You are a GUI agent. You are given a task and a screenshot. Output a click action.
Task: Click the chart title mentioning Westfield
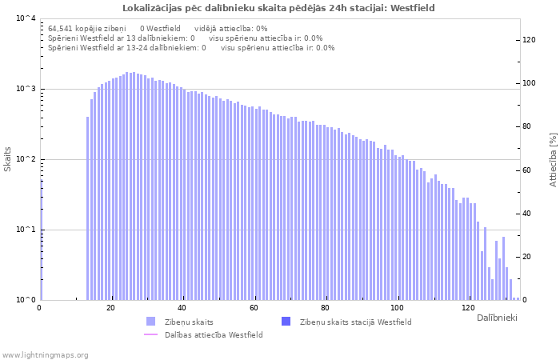[279, 8]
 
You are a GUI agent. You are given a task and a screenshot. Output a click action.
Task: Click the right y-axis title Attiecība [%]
[552, 159]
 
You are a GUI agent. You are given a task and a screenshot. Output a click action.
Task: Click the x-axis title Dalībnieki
[497, 318]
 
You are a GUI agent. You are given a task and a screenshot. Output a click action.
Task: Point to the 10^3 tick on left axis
[26, 89]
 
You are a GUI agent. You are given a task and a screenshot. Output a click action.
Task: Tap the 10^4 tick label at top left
[26, 18]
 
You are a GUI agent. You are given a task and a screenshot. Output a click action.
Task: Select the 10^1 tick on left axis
[26, 230]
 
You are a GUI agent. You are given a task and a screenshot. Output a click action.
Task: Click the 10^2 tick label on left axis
[26, 159]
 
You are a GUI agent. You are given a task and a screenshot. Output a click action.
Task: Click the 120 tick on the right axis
[529, 39]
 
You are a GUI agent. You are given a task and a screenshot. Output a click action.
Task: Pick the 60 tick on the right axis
[527, 170]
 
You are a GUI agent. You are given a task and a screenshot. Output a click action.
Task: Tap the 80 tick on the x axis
[325, 308]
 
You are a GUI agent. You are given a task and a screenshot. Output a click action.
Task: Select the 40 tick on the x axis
[182, 308]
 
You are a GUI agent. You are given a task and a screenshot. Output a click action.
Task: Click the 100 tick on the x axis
[397, 308]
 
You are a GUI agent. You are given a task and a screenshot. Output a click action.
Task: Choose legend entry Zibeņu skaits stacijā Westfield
[355, 322]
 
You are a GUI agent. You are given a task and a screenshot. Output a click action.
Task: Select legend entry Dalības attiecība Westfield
[213, 334]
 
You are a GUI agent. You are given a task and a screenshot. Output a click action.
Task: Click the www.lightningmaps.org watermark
[45, 354]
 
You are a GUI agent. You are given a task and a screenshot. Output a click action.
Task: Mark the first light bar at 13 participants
[87, 208]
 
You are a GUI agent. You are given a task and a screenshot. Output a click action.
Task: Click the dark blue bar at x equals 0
[41, 240]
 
